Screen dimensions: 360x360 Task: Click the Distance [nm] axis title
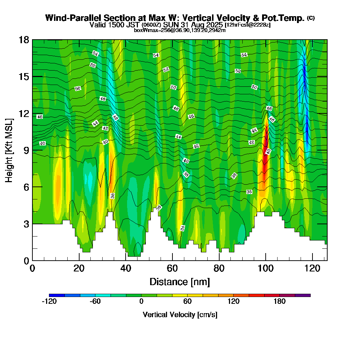point(180,282)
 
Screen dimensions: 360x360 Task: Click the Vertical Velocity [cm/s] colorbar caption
point(180,315)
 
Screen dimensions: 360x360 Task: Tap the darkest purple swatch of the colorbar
point(302,295)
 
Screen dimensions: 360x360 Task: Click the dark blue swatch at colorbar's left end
point(57,295)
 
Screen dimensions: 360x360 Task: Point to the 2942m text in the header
point(217,30)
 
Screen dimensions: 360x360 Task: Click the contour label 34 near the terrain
point(183,228)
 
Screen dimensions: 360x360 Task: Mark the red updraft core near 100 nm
point(265,151)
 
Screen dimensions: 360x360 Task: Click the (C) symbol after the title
point(311,18)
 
